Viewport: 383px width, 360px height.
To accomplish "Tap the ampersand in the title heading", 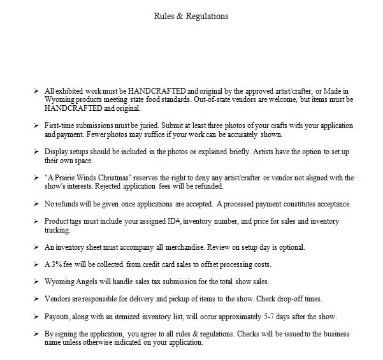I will point(181,16).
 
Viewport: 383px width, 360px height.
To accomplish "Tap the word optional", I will point(291,247).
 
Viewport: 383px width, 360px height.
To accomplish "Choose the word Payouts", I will point(58,316).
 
